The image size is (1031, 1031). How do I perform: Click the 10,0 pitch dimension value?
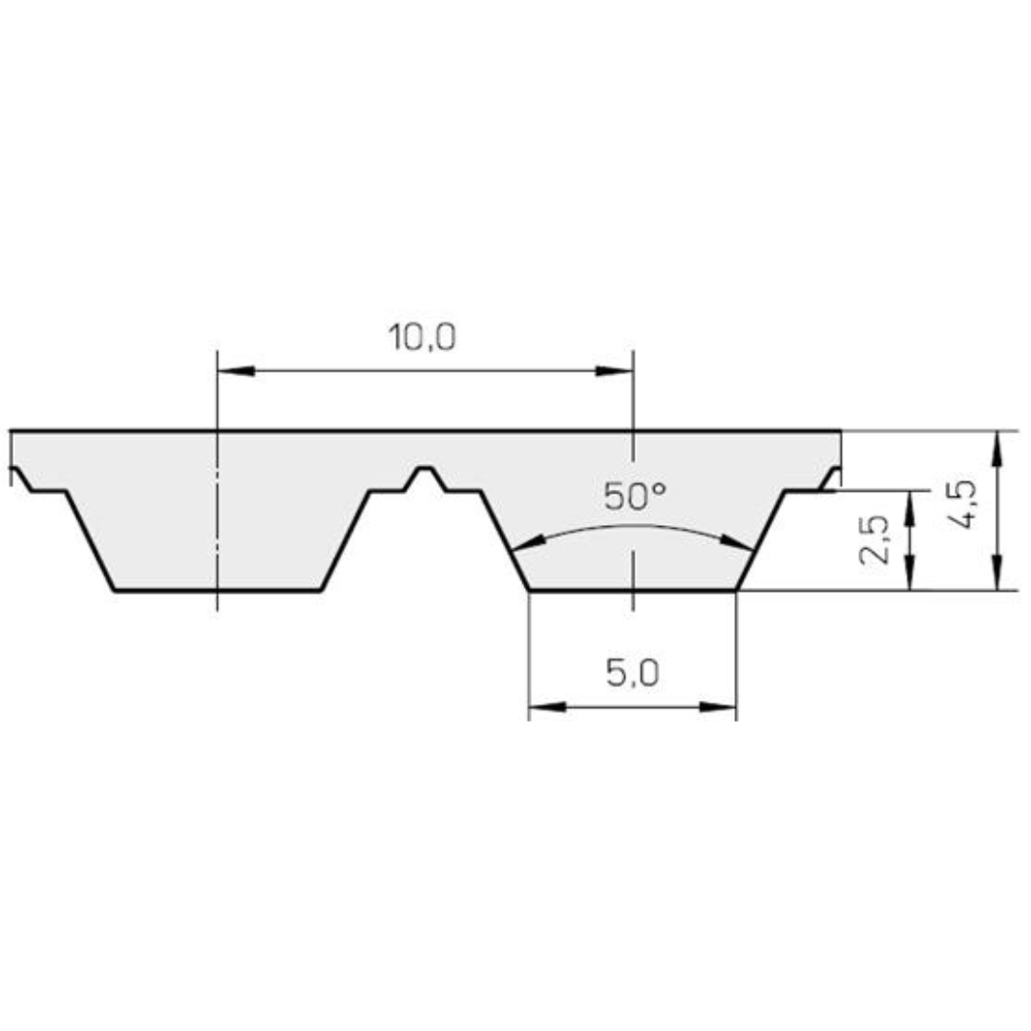(x=421, y=337)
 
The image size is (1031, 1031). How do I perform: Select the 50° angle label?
(x=634, y=496)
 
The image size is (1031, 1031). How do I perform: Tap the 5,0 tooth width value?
(x=632, y=674)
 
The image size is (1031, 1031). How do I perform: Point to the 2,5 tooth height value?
(x=875, y=539)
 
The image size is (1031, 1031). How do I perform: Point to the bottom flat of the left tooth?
(x=217, y=590)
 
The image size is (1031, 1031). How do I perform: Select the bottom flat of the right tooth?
(x=632, y=590)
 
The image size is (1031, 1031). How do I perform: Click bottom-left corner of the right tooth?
(x=529, y=590)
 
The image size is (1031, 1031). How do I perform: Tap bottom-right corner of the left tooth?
(x=321, y=590)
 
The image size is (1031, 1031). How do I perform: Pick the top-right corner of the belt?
(x=840, y=431)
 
